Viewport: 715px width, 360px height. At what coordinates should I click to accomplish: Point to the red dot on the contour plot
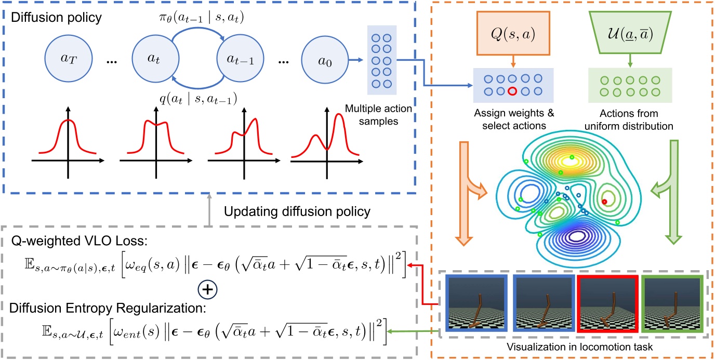tap(604, 201)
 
